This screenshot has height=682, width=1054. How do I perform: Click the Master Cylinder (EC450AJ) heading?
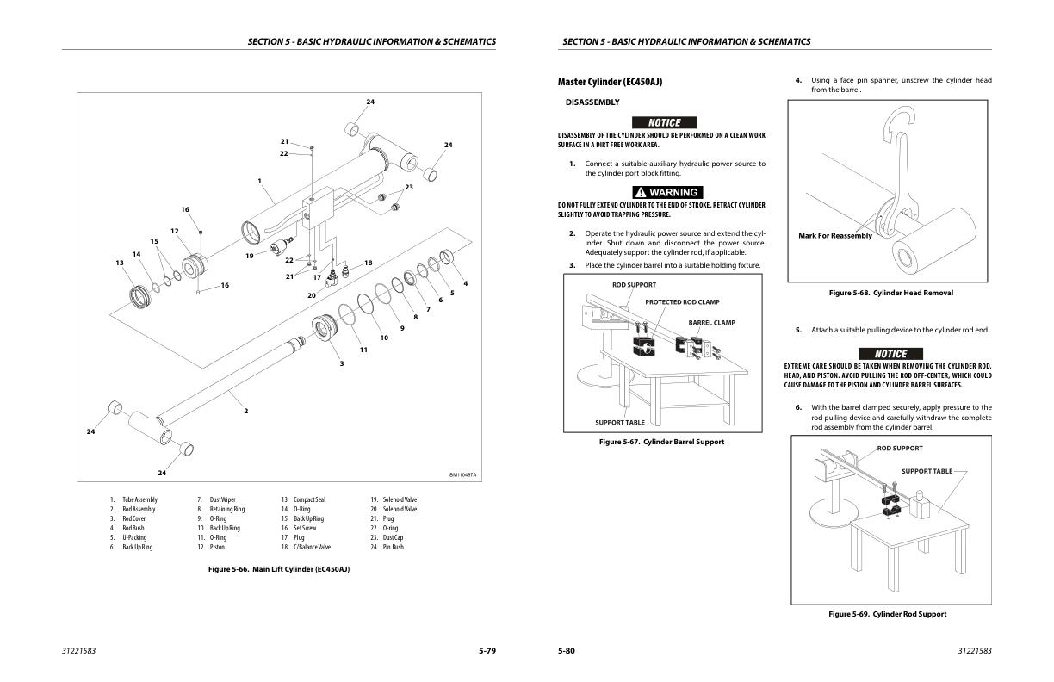pos(610,82)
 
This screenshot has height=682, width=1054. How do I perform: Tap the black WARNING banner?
pos(667,192)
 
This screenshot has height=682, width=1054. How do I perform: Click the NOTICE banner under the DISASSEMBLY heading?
pos(664,122)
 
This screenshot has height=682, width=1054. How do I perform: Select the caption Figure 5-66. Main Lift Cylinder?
pos(279,569)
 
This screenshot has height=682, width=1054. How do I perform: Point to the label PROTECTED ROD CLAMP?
pos(682,302)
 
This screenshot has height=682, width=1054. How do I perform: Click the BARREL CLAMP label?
pos(711,323)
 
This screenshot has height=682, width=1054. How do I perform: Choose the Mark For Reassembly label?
pos(834,236)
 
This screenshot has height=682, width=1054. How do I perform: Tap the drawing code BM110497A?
pos(462,474)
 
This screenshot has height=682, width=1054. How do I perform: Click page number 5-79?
pos(487,650)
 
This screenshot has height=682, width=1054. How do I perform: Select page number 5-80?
pos(566,650)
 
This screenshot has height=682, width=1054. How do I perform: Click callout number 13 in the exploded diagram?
pos(119,263)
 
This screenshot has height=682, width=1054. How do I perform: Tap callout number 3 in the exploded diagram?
pos(341,364)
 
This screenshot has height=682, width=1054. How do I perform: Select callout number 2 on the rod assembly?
pos(245,411)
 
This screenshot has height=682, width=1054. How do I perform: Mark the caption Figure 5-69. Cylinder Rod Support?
pos(887,614)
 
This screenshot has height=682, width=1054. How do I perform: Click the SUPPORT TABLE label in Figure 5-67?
pos(620,423)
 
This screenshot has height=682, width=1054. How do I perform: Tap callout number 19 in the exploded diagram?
pos(249,256)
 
